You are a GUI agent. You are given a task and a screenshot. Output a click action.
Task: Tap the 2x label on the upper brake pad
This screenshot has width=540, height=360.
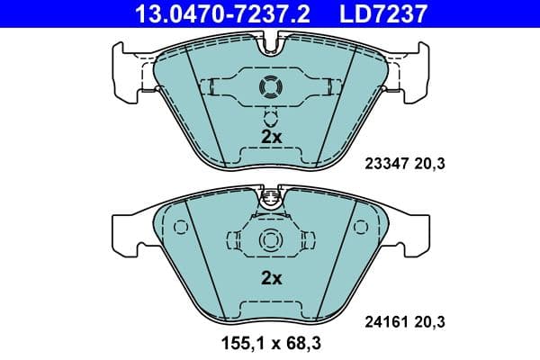point(271,137)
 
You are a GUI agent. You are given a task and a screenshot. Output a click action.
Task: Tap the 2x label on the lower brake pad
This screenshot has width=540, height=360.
point(271,278)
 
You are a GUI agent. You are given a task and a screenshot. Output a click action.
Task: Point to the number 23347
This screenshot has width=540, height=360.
point(385,164)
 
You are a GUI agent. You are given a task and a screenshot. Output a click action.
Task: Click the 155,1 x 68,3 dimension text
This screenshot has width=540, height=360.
point(271,344)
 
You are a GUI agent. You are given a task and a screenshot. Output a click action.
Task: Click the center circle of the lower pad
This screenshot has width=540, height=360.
point(271,241)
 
